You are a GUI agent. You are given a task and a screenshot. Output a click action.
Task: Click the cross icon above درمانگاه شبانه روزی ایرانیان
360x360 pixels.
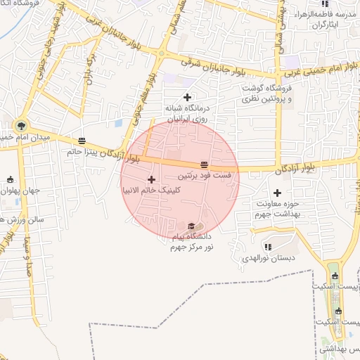(x=187, y=97)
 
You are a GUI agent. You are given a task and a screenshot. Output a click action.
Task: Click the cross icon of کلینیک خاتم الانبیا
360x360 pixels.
(x=151, y=180)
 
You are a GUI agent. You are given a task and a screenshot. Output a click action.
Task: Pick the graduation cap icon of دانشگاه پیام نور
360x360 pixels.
(x=191, y=226)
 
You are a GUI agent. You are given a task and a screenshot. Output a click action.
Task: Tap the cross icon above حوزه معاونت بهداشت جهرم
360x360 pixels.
(x=277, y=193)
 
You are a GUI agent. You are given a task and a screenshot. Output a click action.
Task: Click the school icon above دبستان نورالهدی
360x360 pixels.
(x=267, y=247)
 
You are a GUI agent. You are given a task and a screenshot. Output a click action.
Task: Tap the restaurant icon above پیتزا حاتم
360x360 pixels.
(x=82, y=141)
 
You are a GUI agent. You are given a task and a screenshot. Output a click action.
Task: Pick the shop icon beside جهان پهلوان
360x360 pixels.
(x=9, y=179)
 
